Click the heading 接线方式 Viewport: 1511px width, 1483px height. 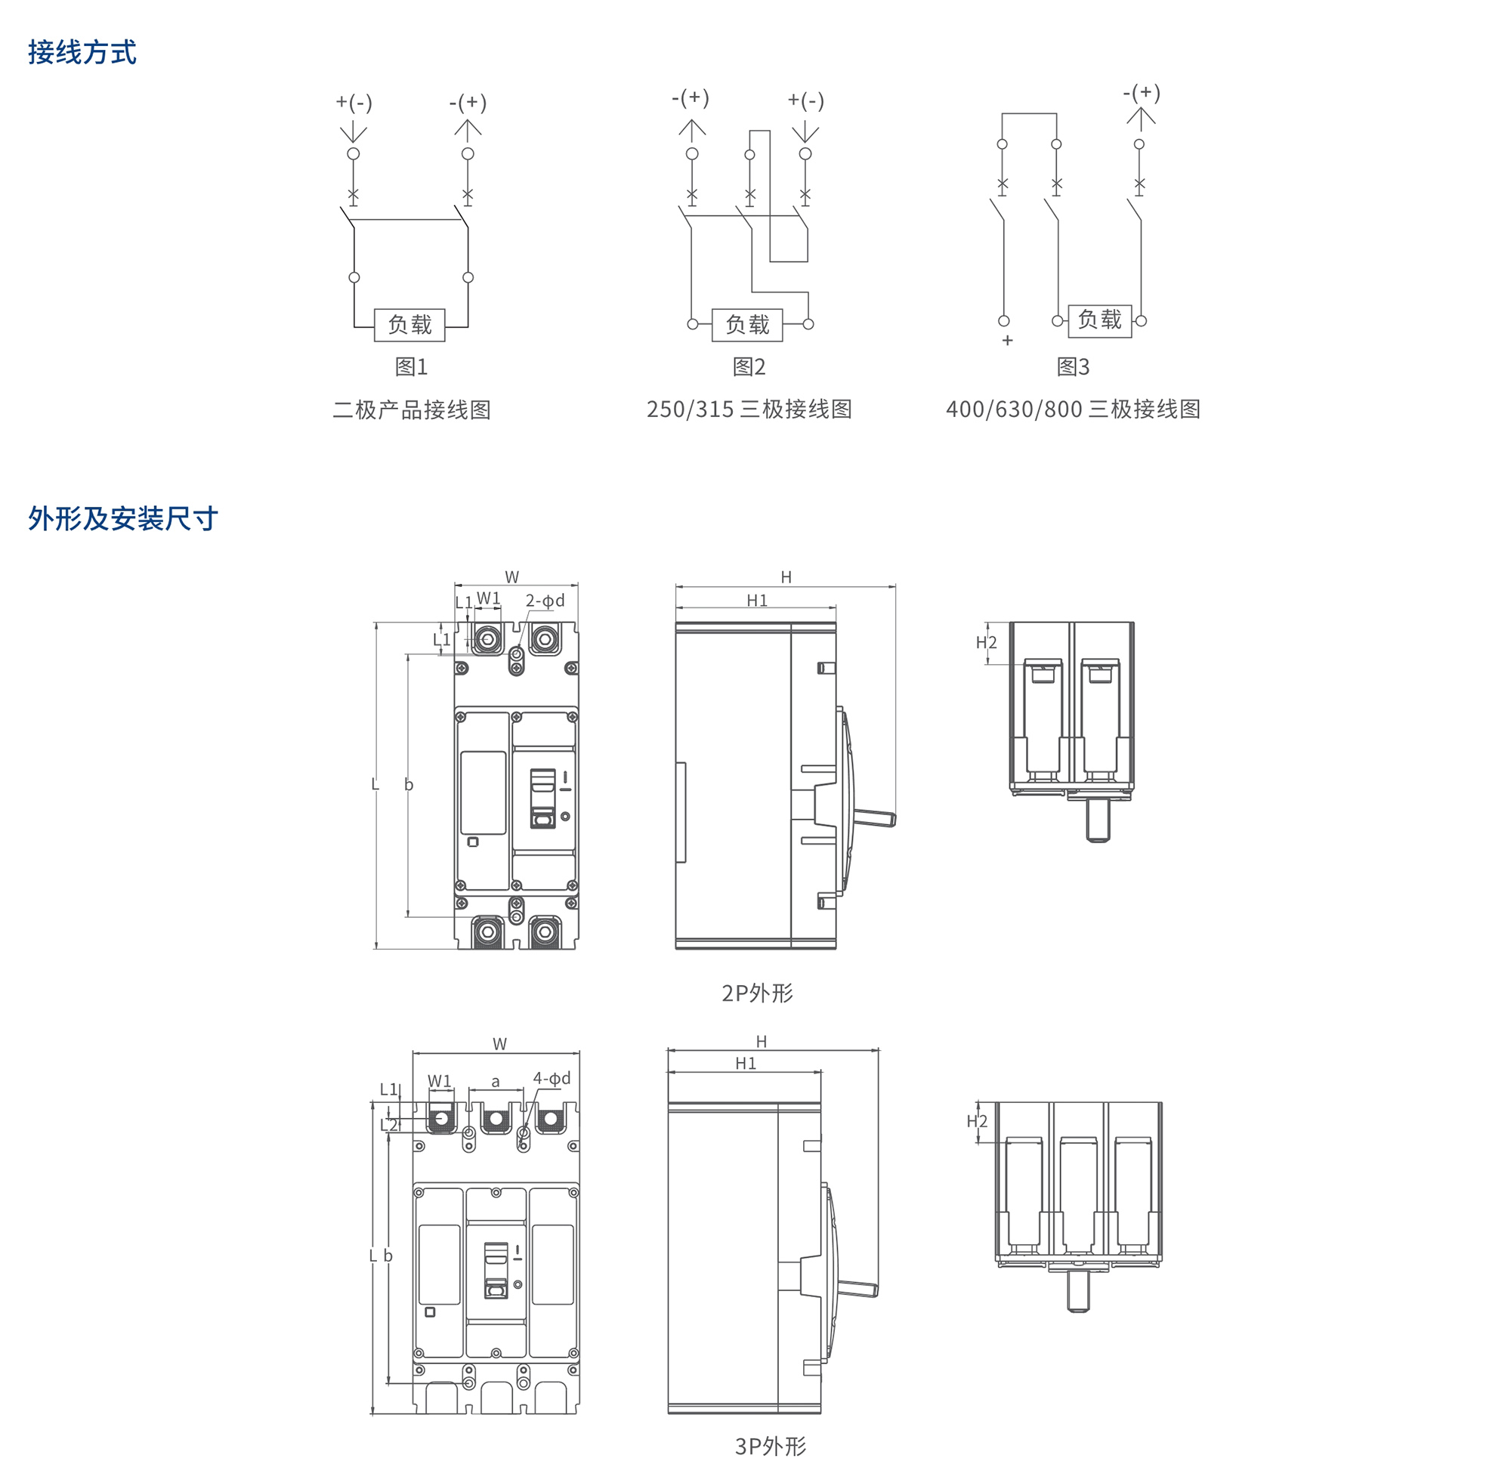coord(82,52)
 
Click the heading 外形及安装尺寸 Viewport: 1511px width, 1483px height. coord(122,518)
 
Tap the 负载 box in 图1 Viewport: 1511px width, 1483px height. coord(409,325)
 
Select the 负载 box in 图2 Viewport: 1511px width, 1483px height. coord(747,325)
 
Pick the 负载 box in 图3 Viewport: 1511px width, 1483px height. coord(1099,320)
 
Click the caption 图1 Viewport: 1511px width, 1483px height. coord(411,366)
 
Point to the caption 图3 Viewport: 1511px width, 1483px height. coord(1073,366)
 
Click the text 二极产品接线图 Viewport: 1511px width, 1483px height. coord(411,409)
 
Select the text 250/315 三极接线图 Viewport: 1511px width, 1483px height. coord(749,409)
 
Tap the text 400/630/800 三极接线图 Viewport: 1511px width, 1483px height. coord(1073,409)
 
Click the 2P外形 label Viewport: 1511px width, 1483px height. coord(757,993)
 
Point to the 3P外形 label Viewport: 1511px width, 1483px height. coord(771,1447)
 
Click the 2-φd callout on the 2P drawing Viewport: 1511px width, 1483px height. coord(545,601)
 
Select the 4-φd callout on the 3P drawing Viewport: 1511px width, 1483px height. coord(552,1078)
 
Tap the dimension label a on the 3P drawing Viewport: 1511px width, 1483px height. coord(496,1081)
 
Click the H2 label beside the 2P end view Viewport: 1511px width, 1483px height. coord(986,643)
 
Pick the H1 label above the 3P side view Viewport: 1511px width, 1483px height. coord(746,1063)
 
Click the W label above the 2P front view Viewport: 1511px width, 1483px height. coord(511,577)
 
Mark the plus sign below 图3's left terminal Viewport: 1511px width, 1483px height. coord(1007,341)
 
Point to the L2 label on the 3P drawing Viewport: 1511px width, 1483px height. coord(388,1125)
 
